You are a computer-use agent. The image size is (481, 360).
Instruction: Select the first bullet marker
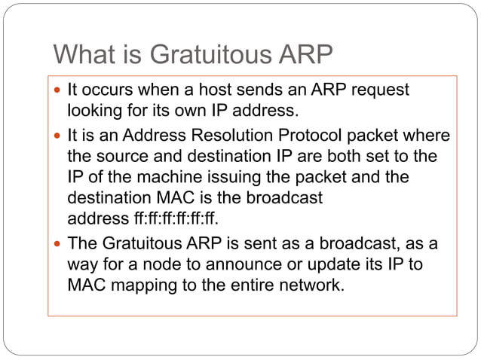pos(59,90)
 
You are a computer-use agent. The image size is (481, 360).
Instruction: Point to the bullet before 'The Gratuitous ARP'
pos(59,245)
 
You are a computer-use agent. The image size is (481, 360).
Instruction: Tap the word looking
pos(93,111)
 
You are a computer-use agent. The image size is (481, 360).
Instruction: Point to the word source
pos(122,157)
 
